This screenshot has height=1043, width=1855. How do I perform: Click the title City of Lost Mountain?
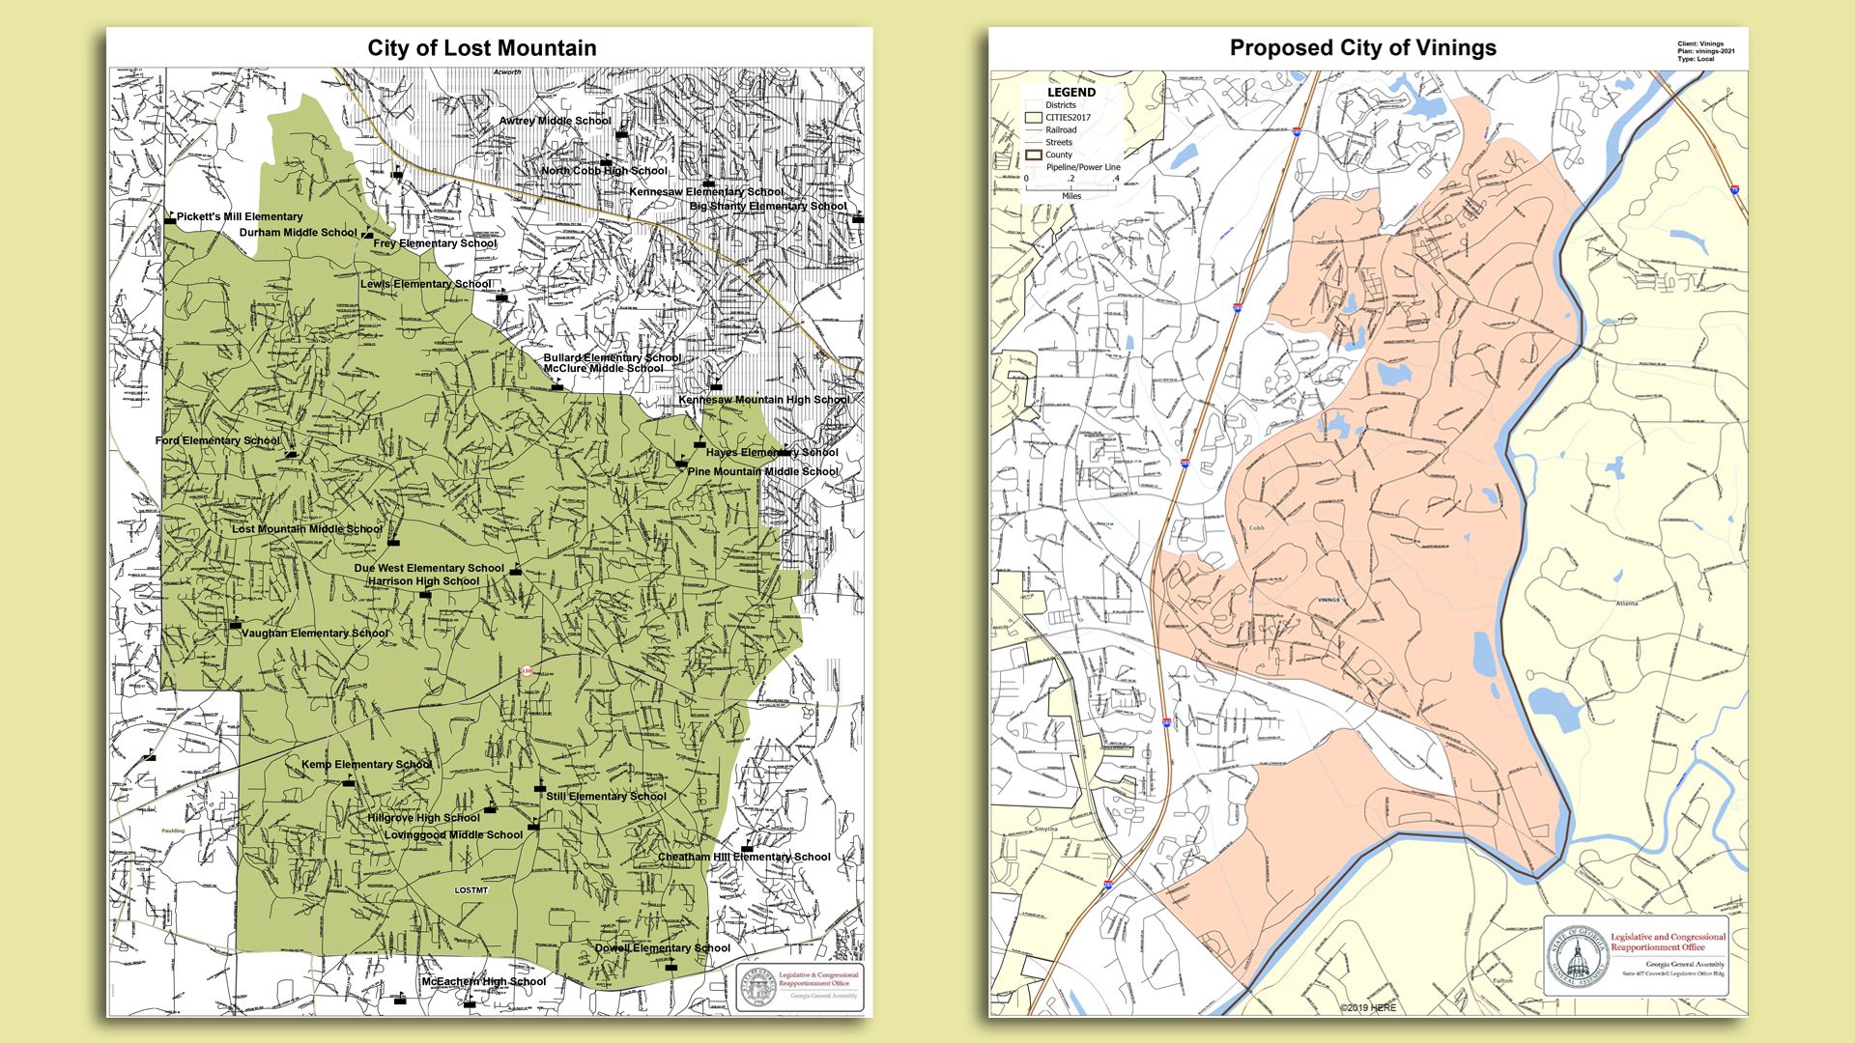481,48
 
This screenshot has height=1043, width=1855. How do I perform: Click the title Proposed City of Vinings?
1362,48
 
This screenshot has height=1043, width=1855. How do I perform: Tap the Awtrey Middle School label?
555,121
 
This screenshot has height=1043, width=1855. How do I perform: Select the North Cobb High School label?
604,171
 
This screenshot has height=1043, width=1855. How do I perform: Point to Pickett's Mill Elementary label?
240,216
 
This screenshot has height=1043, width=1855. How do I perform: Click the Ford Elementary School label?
217,440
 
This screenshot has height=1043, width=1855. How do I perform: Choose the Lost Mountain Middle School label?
307,529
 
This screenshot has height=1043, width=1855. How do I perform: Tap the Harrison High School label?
423,581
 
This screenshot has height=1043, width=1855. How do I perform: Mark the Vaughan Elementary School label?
315,634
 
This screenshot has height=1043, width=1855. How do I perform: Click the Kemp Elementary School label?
366,764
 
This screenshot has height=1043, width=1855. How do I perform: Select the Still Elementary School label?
606,797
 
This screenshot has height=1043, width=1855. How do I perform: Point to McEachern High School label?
483,982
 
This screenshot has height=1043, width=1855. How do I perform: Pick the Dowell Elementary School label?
662,948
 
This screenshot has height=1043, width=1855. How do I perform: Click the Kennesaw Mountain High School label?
763,400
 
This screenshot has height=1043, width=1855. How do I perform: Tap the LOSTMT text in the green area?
471,890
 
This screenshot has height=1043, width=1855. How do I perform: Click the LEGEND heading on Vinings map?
1070,93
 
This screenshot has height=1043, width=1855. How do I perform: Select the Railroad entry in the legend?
1060,129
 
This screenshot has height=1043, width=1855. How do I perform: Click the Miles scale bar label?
1071,196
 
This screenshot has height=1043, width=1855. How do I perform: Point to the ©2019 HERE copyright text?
1367,1008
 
